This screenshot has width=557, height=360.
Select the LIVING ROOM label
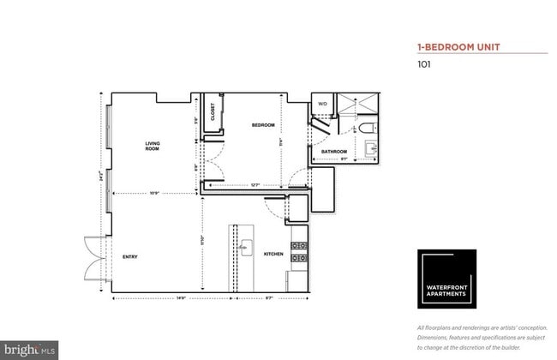pos(152,146)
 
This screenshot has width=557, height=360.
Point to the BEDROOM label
pos(262,126)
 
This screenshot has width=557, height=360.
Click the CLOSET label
pos(213,111)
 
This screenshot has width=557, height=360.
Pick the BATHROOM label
pos(333,152)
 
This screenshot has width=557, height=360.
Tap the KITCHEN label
pos(273,254)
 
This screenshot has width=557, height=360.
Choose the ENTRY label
pos(130,256)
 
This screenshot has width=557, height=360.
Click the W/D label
pos(323,104)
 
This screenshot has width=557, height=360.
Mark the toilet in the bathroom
pos(368,128)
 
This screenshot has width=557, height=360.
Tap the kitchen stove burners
pos(299,250)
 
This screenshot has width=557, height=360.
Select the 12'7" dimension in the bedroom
pos(255,185)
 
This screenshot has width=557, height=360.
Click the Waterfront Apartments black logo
pos(446,279)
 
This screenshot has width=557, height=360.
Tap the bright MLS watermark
pos(29,350)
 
